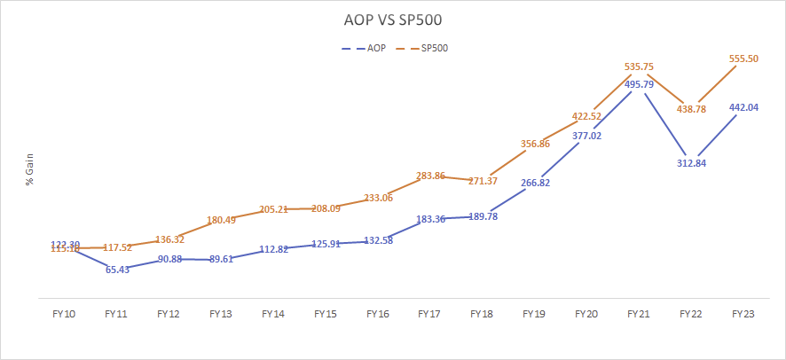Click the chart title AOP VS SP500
[x=392, y=20]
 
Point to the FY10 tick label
[x=65, y=314]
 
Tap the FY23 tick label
[x=744, y=314]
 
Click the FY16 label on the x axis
[x=378, y=314]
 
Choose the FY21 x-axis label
[x=640, y=314]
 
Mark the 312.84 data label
[x=692, y=162]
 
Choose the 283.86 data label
[x=430, y=176]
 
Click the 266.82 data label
[x=535, y=183]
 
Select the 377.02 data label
[x=587, y=136]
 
